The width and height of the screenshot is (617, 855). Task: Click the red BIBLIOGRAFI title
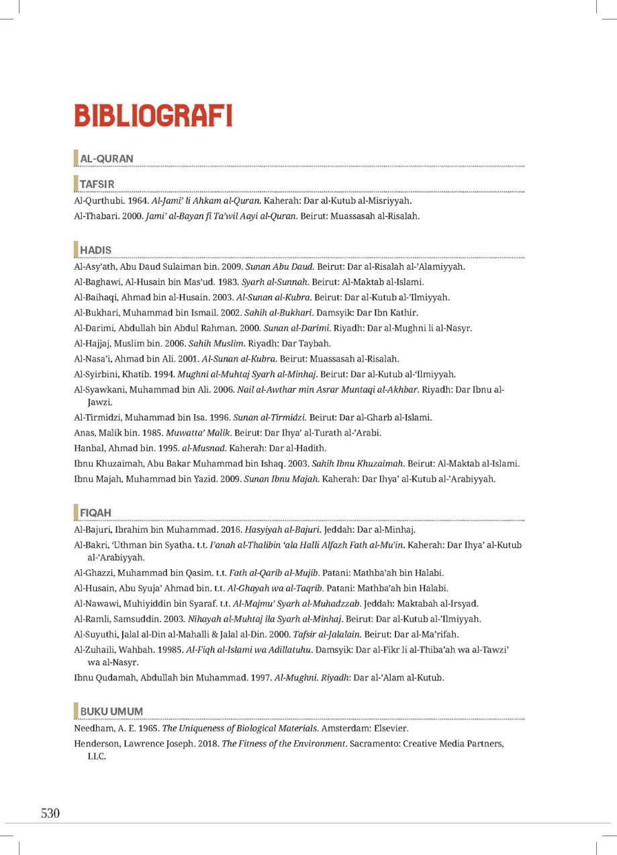(153, 115)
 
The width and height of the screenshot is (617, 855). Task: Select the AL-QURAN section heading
(107, 158)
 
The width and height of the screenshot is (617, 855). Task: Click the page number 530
(50, 814)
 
